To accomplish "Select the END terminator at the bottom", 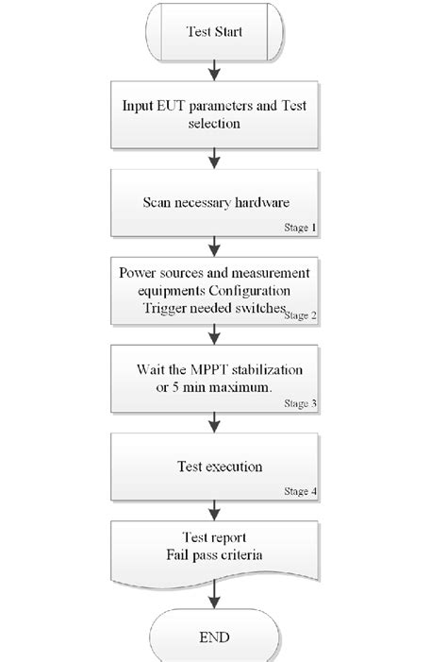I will [218, 637].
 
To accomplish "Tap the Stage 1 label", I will [301, 228].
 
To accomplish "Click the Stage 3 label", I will [301, 403].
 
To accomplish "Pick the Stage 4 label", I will [301, 491].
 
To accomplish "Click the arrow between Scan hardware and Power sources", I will [218, 247].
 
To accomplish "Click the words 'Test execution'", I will [219, 467].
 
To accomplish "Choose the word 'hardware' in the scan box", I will [263, 201].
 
